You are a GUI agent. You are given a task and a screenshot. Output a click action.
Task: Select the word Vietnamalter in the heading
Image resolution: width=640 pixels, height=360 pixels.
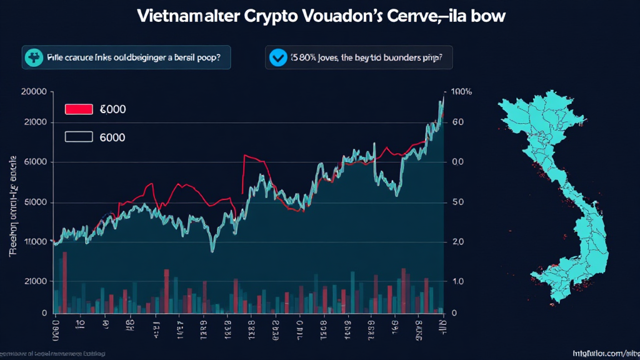(187, 17)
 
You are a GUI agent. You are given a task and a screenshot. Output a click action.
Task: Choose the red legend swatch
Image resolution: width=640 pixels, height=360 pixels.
(79, 109)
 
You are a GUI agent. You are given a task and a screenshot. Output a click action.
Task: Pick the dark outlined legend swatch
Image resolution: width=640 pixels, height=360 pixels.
(79, 137)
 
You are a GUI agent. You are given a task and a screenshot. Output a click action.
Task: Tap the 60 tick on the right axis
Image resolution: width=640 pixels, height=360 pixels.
(457, 122)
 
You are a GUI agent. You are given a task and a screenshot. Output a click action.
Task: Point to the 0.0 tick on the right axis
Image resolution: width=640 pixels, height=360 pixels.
(457, 162)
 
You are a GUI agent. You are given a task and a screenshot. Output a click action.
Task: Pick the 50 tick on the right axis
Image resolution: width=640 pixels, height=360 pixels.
(457, 202)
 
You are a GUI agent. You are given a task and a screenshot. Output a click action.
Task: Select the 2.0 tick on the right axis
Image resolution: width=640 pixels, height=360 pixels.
(457, 242)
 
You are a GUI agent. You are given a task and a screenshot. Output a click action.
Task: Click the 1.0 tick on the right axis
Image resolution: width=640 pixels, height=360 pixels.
(457, 282)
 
